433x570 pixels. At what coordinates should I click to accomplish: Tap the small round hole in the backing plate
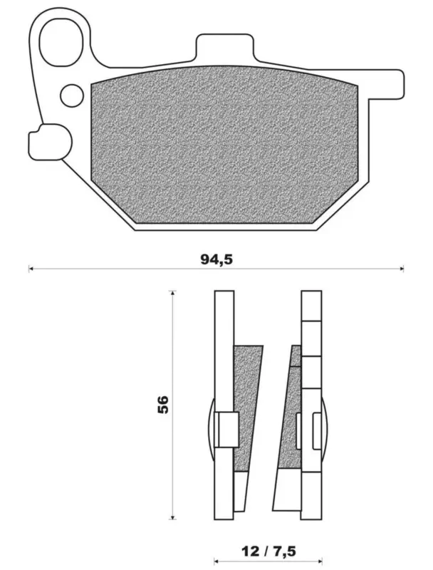coord(72,95)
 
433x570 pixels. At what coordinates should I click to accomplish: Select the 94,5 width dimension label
coord(216,259)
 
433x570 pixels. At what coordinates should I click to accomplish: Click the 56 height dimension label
coord(163,405)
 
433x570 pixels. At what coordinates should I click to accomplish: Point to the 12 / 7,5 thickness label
coord(268,551)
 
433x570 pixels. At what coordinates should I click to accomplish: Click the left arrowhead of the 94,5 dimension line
coord(31,269)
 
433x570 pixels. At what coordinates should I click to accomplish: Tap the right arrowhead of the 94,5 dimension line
coord(402,269)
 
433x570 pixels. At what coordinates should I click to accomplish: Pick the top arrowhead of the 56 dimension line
coord(173,293)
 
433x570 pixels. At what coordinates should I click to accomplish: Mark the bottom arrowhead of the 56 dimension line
coord(173,517)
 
